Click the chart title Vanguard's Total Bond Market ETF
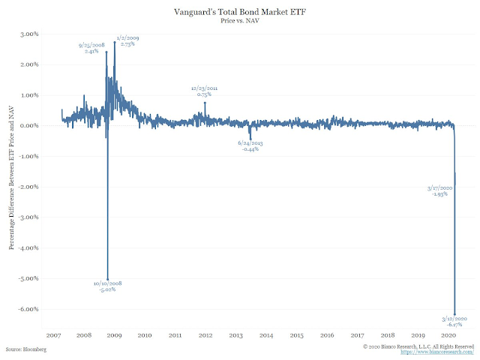click(240, 12)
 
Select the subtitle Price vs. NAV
click(240, 21)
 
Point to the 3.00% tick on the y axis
click(29, 34)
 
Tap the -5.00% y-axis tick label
click(28, 278)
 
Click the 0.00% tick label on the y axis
click(29, 125)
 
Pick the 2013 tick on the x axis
click(235, 335)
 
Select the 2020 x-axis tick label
click(448, 335)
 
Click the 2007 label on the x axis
click(53, 335)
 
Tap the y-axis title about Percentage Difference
click(11, 178)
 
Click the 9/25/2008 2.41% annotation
click(91, 48)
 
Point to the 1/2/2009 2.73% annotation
click(127, 41)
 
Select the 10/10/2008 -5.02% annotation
click(107, 286)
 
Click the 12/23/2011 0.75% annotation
click(204, 91)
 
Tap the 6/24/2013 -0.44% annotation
click(250, 146)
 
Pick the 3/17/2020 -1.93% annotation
click(439, 191)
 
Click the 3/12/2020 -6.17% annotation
click(454, 322)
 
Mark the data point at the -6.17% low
click(454, 314)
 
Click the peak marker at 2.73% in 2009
click(115, 42)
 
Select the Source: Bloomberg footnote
click(26, 349)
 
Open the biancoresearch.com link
click(437, 352)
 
